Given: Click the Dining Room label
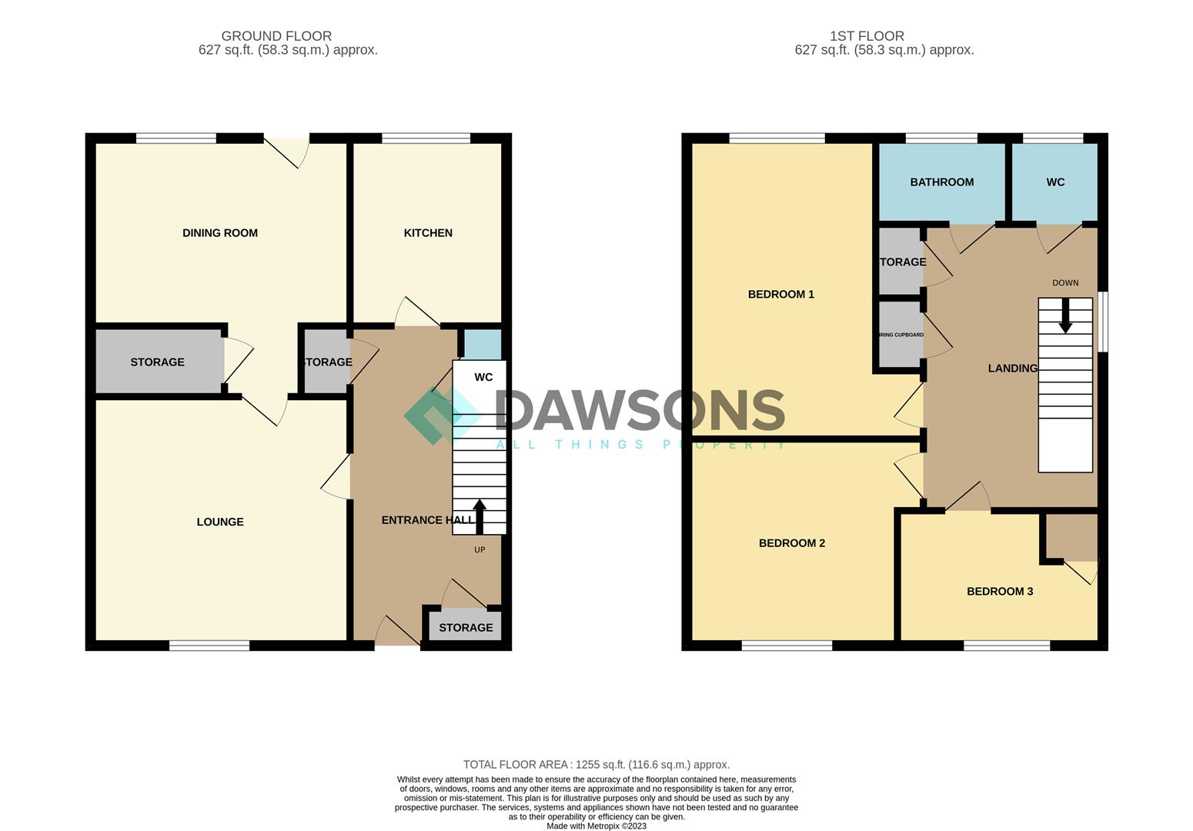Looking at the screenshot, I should [x=219, y=233].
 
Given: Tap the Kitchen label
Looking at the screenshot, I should [x=428, y=233].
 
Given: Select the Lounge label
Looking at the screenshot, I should [x=219, y=522].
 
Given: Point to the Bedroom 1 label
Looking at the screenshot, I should [x=780, y=294].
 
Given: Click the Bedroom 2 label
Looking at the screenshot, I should [x=791, y=543].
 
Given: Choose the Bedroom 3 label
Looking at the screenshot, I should [x=999, y=592].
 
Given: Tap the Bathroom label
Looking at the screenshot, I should [x=941, y=182].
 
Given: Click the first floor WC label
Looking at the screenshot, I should [x=1055, y=182].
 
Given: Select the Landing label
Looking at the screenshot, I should [x=1012, y=369].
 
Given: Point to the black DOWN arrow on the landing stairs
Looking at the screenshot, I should [x=1065, y=315].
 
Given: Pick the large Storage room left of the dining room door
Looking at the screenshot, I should [x=157, y=362].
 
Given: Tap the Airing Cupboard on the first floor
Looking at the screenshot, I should [x=901, y=335].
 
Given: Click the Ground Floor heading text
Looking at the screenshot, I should [x=276, y=36].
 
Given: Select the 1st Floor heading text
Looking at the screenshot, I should [x=867, y=36].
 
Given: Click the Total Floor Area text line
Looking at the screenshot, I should [x=596, y=765].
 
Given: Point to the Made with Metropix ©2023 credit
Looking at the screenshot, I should [x=596, y=826].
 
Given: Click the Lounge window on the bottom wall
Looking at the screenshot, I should [x=209, y=646].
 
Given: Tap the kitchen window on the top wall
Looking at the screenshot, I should [x=426, y=138].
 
